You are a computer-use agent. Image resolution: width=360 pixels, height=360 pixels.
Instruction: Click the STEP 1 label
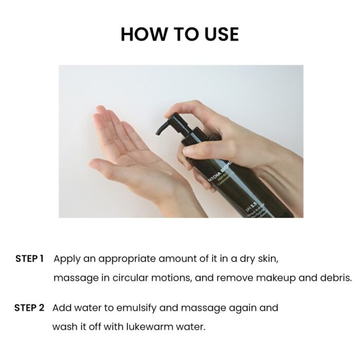pyautogui.click(x=29, y=258)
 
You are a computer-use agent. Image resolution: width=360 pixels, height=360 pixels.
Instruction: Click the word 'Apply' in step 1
pyautogui.click(x=66, y=258)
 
